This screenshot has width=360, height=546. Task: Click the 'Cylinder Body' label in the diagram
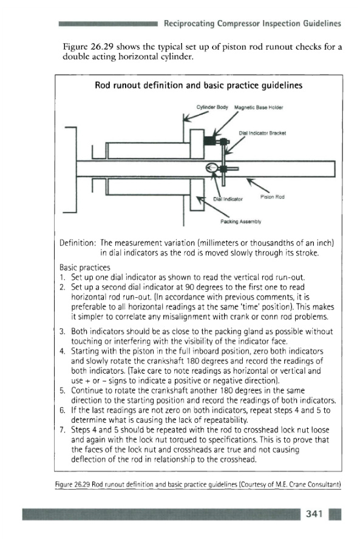[x=212, y=107]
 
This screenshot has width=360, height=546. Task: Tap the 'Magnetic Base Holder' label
[x=258, y=107]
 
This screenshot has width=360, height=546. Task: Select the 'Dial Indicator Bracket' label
[x=262, y=133]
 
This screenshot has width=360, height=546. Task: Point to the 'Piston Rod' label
[x=272, y=197]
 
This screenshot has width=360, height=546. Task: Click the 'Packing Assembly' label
[x=241, y=221]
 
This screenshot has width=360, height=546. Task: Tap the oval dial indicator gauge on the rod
[x=212, y=168]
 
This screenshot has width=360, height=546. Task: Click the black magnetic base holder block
[x=210, y=141]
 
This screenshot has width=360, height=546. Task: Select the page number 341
[x=314, y=514]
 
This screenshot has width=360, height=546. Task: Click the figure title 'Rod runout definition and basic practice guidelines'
[x=199, y=86]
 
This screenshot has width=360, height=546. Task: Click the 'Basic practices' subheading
[x=84, y=268]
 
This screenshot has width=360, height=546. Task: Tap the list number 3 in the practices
[x=62, y=331]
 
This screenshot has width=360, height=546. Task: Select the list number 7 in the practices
[x=62, y=430]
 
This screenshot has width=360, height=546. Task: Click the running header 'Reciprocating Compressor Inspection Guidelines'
[x=253, y=24]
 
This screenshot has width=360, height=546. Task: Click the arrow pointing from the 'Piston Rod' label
[x=257, y=185]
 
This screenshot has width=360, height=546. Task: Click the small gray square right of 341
[x=335, y=514]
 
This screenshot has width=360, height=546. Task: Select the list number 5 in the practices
[x=62, y=390]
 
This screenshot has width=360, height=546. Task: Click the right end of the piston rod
[x=335, y=169]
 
